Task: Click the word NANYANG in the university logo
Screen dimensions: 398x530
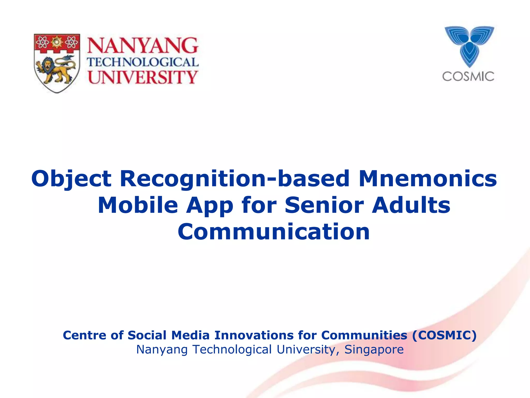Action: coord(143,46)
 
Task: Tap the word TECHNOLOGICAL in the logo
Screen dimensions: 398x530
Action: coord(143,62)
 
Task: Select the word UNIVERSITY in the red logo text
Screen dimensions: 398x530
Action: coord(143,77)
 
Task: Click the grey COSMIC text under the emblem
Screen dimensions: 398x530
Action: coord(468,77)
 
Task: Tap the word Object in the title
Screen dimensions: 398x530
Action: coord(71,179)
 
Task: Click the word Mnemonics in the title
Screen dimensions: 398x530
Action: coord(428,179)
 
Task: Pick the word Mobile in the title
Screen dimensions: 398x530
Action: coord(138,205)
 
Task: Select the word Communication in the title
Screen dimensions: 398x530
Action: coord(274,232)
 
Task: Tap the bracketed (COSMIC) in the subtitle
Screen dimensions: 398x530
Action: coord(444,335)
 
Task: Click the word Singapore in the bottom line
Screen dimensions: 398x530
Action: coord(374,350)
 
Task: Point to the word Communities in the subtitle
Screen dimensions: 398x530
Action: coord(364,335)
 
